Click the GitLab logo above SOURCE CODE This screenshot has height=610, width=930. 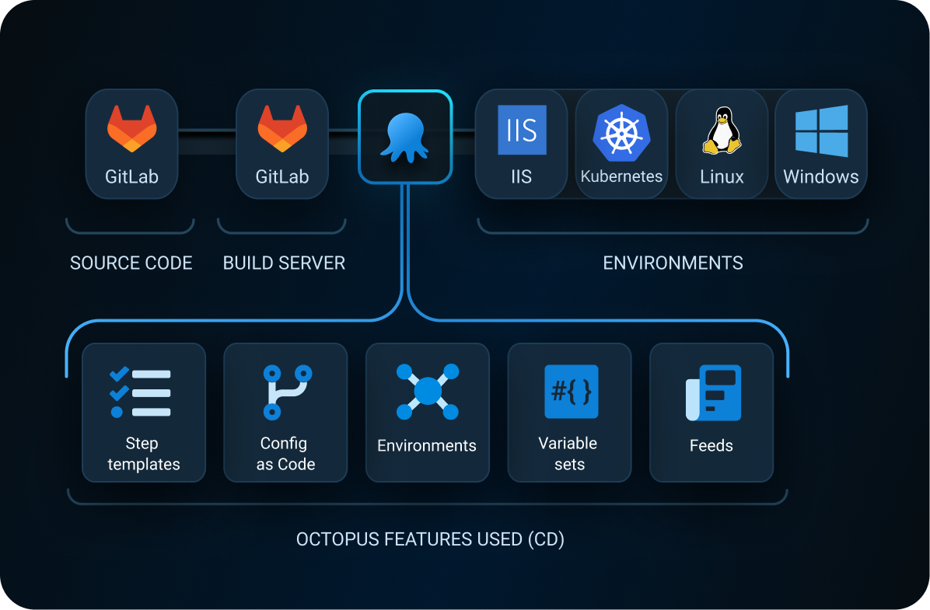[131, 128]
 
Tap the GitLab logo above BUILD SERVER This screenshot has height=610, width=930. [282, 128]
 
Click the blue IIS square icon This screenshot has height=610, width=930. [522, 130]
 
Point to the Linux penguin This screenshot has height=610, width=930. [722, 131]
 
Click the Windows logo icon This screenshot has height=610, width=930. [821, 131]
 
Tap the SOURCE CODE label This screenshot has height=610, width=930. [131, 263]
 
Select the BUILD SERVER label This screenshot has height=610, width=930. [284, 263]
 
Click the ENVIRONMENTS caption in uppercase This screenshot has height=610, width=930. [673, 263]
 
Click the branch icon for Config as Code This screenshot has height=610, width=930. [286, 392]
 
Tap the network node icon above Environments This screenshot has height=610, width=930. [427, 392]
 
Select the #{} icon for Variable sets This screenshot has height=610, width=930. [571, 392]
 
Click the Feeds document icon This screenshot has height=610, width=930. [712, 393]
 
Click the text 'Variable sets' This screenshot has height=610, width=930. [568, 454]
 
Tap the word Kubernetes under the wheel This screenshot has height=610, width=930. [621, 176]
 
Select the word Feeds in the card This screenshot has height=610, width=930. [711, 446]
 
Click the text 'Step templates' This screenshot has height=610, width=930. [143, 454]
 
